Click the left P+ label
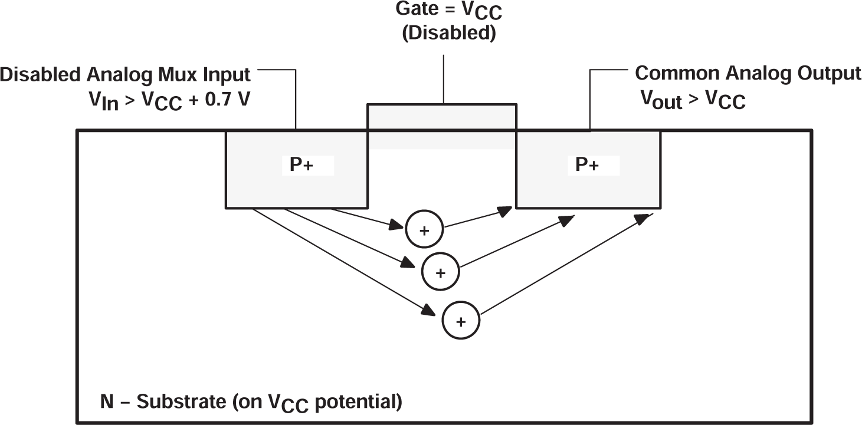[301, 166]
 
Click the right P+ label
[587, 166]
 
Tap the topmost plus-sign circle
[424, 230]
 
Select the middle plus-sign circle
[440, 272]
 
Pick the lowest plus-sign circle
[461, 321]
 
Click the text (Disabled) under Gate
[448, 34]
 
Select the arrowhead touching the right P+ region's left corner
[506, 210]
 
